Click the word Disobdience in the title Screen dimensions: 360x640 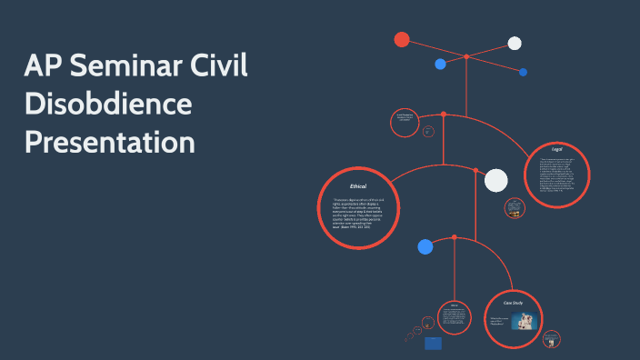108,105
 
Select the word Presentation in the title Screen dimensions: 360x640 110,143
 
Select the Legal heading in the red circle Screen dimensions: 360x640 557,147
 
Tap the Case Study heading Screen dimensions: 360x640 514,301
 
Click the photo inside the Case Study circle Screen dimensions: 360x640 524,322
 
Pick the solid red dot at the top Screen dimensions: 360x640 402,39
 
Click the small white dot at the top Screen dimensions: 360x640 515,43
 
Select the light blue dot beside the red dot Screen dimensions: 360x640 441,64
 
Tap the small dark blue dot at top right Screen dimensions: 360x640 524,72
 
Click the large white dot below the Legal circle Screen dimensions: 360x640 495,180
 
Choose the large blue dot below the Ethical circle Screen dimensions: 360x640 425,246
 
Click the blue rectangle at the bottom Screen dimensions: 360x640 433,343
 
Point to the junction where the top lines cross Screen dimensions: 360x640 466,56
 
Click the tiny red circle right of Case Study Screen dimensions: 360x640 551,338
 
